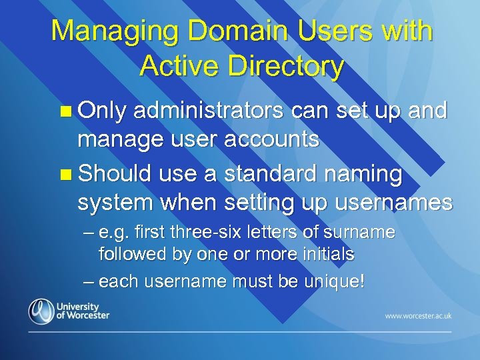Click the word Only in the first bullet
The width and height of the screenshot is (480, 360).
pos(101,111)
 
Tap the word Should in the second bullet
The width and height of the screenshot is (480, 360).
pos(115,173)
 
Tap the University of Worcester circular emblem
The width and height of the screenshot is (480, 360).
pos(41,311)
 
